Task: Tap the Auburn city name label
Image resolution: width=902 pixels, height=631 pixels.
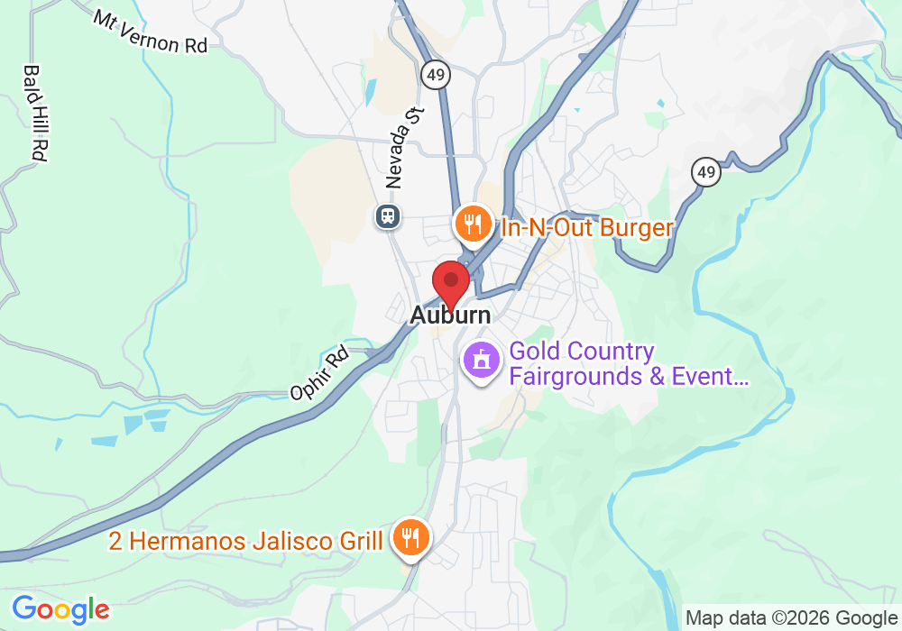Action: [x=450, y=315]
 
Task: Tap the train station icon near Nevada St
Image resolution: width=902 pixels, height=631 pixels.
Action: [x=389, y=216]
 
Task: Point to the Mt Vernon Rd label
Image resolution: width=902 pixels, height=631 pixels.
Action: [x=150, y=32]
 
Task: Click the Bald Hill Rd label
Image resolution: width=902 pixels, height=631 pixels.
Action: [x=35, y=113]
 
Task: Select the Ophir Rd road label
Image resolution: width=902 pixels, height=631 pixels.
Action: [x=319, y=374]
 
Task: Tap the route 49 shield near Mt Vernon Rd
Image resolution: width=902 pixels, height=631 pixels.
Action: [x=435, y=75]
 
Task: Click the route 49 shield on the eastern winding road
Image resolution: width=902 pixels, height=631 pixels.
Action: [x=707, y=171]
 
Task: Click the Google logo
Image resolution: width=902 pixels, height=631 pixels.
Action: [x=60, y=609]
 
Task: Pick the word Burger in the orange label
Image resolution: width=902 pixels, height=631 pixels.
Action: [x=636, y=227]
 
